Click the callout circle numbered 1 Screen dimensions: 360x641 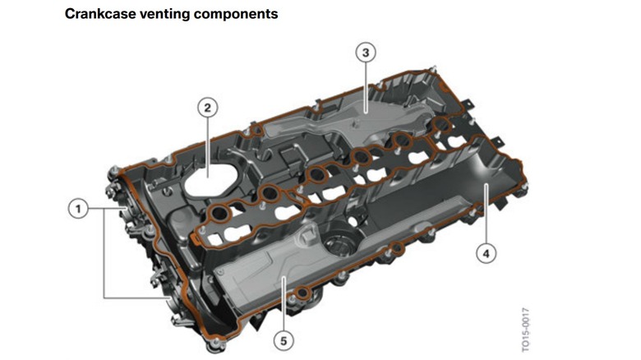tap(78, 209)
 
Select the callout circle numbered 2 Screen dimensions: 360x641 tap(209, 107)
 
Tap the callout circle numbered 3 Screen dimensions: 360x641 tap(367, 53)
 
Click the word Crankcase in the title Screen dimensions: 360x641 tap(101, 14)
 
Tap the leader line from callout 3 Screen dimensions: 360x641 tap(367, 82)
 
